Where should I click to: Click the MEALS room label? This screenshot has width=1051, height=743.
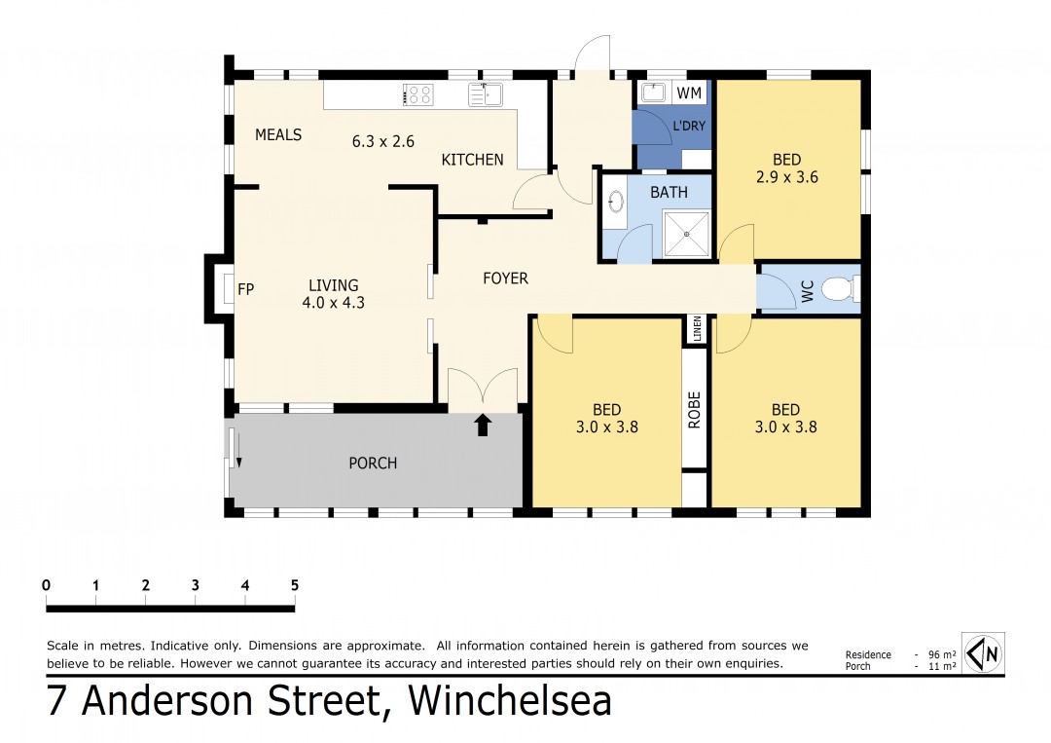pos(278,134)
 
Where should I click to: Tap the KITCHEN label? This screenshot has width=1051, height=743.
pos(472,160)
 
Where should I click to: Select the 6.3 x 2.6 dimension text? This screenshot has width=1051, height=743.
pos(383,141)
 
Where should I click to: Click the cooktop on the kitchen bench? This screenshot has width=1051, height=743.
pos(418,94)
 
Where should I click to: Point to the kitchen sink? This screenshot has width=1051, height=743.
pos(486,94)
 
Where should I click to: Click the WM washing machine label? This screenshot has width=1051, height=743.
pos(689,93)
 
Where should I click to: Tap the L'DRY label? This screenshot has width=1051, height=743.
pos(689,126)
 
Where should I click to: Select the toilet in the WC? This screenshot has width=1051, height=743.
pos(839,289)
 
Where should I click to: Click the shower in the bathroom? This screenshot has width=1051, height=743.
pos(686,234)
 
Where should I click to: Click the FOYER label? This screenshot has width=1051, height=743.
pos(505,279)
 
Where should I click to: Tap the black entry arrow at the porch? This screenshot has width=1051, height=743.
pos(484,426)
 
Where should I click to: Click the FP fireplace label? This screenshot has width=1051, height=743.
pos(246,289)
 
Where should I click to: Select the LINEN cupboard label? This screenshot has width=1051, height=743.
pos(697,329)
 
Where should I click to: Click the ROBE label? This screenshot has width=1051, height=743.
pos(695,410)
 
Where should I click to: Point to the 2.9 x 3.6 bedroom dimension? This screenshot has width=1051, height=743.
pos(787,177)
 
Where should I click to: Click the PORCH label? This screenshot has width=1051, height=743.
pos(373,464)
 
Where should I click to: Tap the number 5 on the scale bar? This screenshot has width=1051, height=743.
pos(294,585)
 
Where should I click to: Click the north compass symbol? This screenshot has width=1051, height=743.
pos(983,652)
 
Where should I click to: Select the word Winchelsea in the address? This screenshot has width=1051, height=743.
pos(510,701)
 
